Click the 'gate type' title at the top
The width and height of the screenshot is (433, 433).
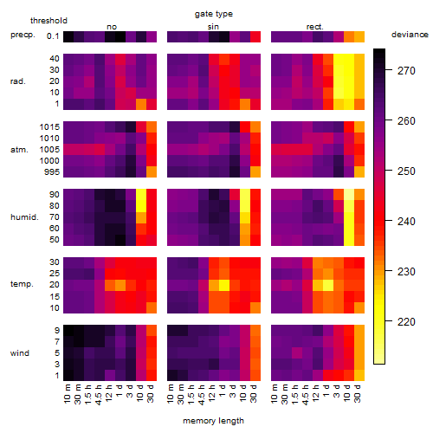(x=214, y=14)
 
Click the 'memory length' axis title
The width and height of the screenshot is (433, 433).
(x=213, y=421)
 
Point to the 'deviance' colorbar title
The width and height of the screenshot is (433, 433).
(x=410, y=35)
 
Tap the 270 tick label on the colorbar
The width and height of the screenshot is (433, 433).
(x=406, y=70)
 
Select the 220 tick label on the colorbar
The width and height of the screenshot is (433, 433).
(x=406, y=321)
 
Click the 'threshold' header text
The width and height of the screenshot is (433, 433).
(x=48, y=21)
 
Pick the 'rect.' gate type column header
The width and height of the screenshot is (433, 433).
(x=315, y=27)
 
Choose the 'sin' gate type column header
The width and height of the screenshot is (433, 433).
(x=213, y=27)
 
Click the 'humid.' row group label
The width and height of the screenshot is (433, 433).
(x=24, y=217)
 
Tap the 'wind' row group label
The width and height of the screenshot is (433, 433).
(x=20, y=353)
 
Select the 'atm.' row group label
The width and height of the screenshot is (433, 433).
(x=19, y=150)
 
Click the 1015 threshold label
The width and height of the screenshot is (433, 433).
(x=49, y=126)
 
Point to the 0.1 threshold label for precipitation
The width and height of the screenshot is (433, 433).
(x=53, y=36)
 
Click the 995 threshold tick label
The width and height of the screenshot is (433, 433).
(x=52, y=172)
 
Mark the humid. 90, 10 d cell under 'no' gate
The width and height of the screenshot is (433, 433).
(x=141, y=195)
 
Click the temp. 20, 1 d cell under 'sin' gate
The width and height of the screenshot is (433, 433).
(x=224, y=285)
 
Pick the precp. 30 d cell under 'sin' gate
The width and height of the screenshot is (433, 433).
(x=255, y=36)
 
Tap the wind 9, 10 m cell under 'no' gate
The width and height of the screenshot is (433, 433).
(x=68, y=330)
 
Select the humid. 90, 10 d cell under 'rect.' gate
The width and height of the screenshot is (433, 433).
(x=349, y=195)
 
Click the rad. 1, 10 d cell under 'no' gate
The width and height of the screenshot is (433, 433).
(x=141, y=104)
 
